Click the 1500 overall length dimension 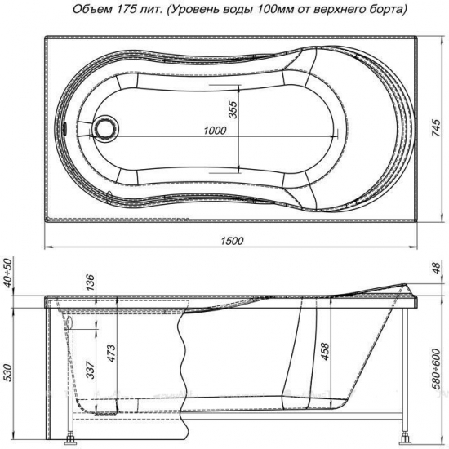[x=232, y=241]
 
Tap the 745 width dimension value [x=436, y=127]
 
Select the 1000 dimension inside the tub [x=215, y=131]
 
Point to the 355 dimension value [x=233, y=109]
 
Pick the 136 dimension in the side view [x=90, y=282]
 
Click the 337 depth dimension [x=91, y=370]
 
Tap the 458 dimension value [x=325, y=352]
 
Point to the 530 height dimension [x=8, y=373]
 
